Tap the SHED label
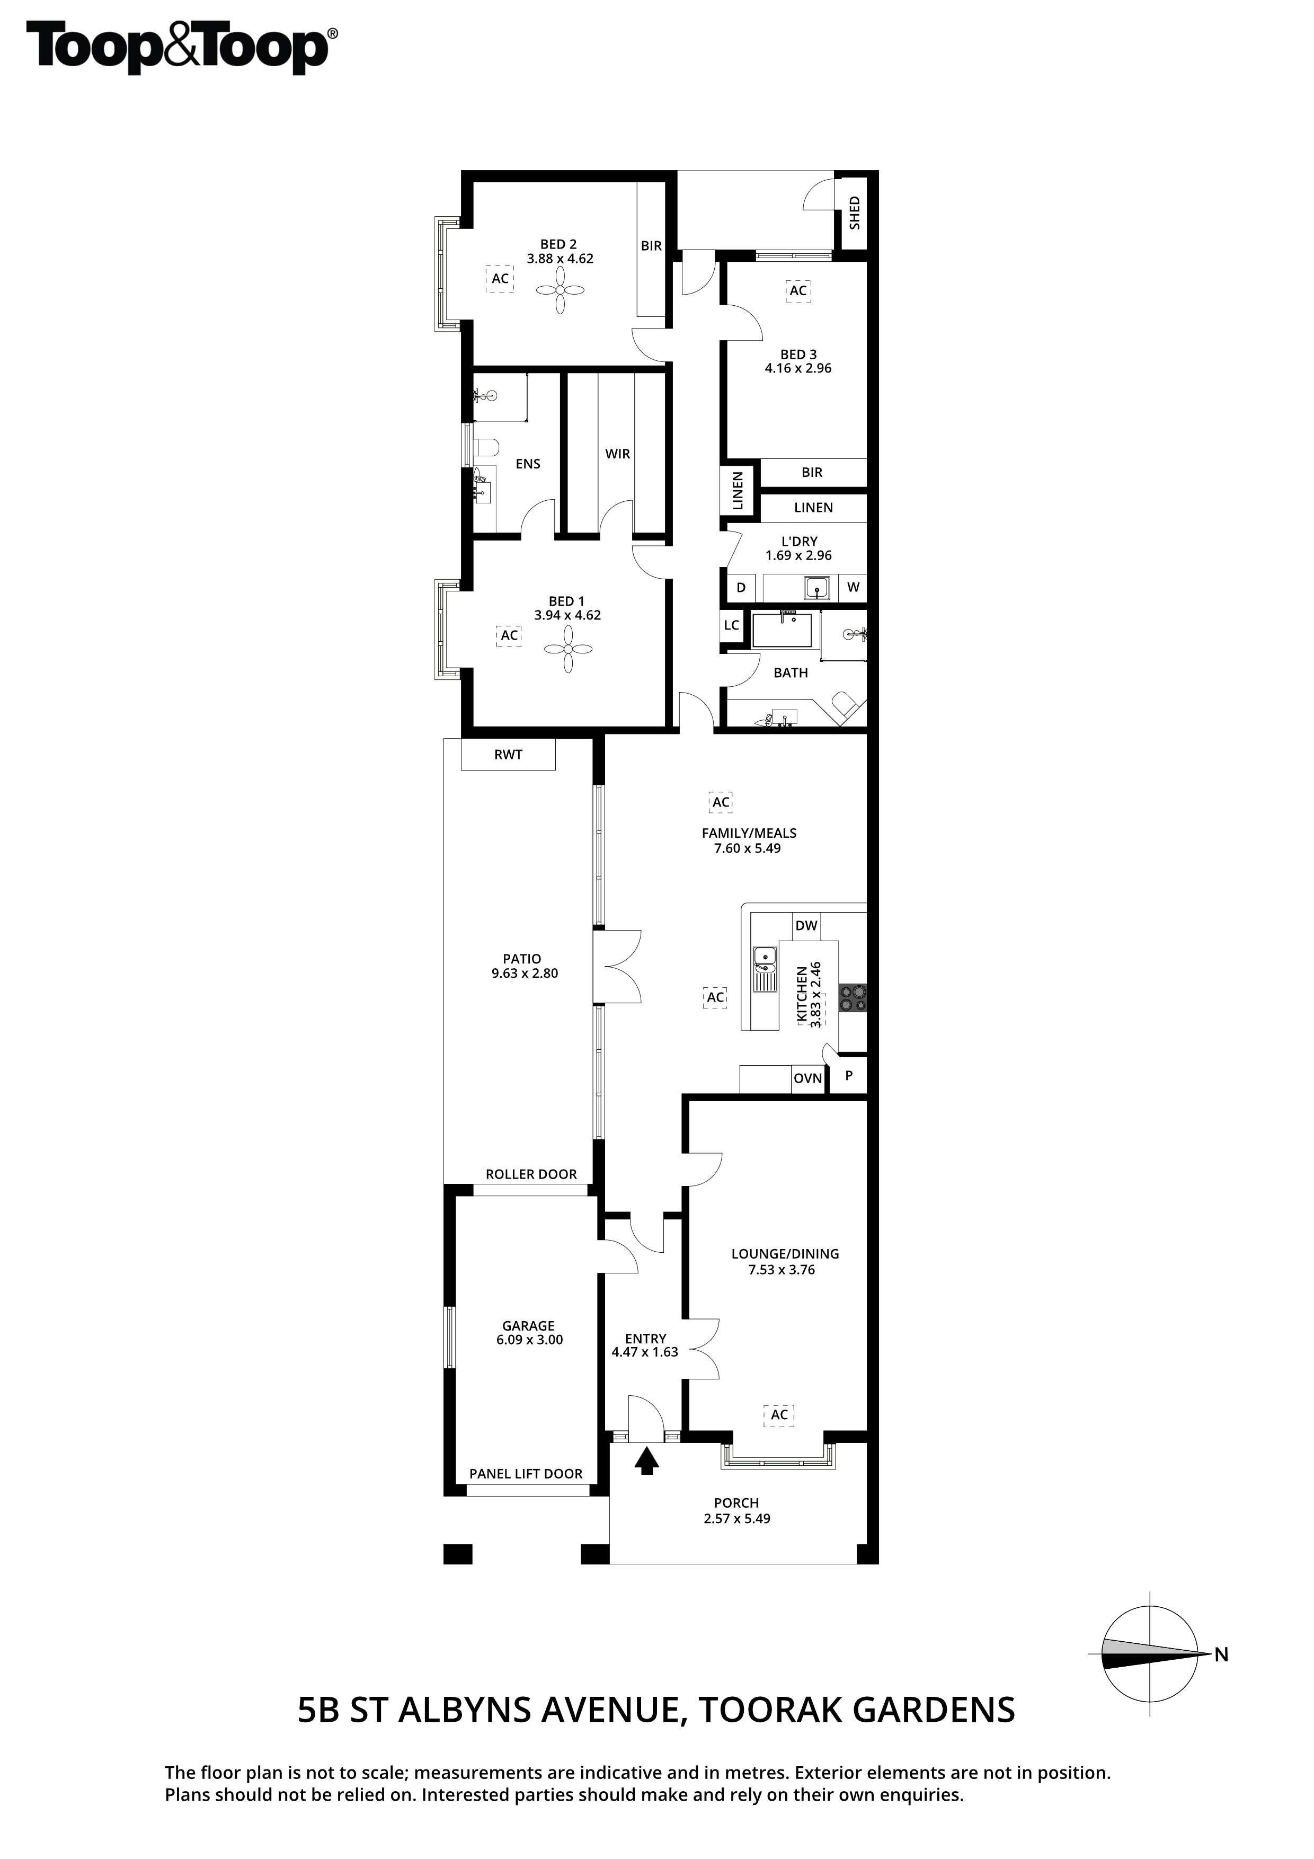click(x=854, y=213)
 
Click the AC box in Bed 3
click(x=798, y=291)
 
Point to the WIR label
click(x=618, y=454)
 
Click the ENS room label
click(x=528, y=464)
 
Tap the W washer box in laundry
click(x=854, y=588)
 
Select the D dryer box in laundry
click(x=741, y=588)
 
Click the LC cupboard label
click(x=732, y=625)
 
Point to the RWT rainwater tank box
click(x=509, y=755)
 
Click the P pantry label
click(x=849, y=1077)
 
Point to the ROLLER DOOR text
click(x=531, y=1175)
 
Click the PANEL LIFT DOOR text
click(x=526, y=1474)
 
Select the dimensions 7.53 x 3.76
click(x=782, y=1270)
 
